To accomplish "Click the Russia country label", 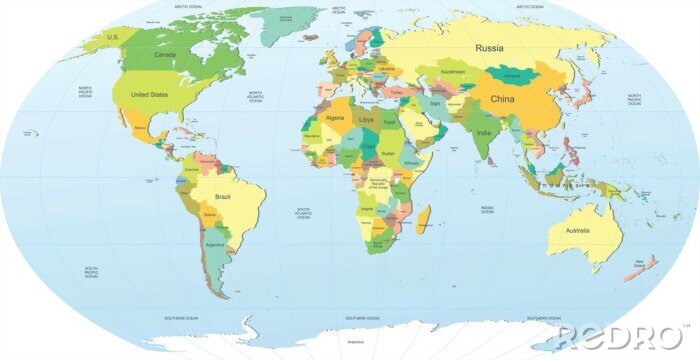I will coord(489,48).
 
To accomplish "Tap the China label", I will coord(502,100).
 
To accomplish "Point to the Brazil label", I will coord(223,197).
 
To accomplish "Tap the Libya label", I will coord(367,119).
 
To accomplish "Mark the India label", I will coord(484,132).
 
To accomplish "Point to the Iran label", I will coord(435,103).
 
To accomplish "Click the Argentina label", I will coord(213,244).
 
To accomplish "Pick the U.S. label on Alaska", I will coord(113,36).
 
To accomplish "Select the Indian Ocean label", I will coord(487,210).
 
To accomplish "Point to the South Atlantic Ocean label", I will coord(303,213).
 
